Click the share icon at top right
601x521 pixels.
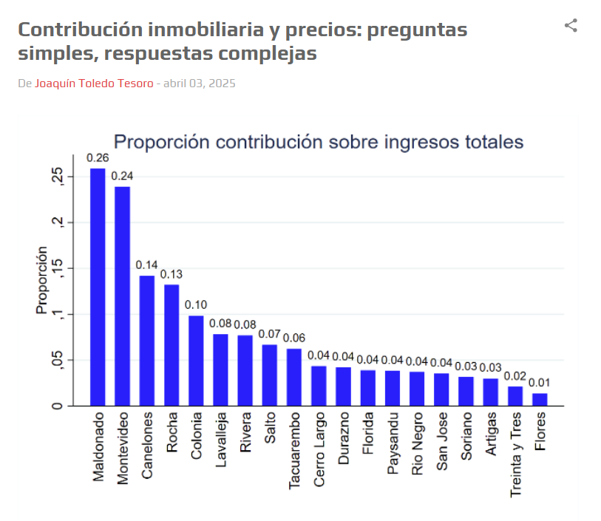[x=571, y=26]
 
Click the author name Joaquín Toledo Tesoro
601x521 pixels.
[x=94, y=84]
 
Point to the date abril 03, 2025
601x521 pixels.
[x=199, y=84]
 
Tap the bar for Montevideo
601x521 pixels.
[x=122, y=296]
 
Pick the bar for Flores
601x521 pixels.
[x=540, y=400]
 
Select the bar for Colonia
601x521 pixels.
[x=196, y=361]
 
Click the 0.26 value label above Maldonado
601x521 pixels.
[x=98, y=157]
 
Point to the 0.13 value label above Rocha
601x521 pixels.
[x=172, y=274]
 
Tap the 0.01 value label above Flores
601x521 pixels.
[x=540, y=383]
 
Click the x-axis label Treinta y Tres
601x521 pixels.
[x=515, y=453]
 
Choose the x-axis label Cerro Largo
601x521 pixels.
[x=319, y=449]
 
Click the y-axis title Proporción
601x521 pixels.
[x=41, y=280]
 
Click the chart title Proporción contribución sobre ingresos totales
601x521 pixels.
[x=318, y=142]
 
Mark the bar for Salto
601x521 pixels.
[x=269, y=375]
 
